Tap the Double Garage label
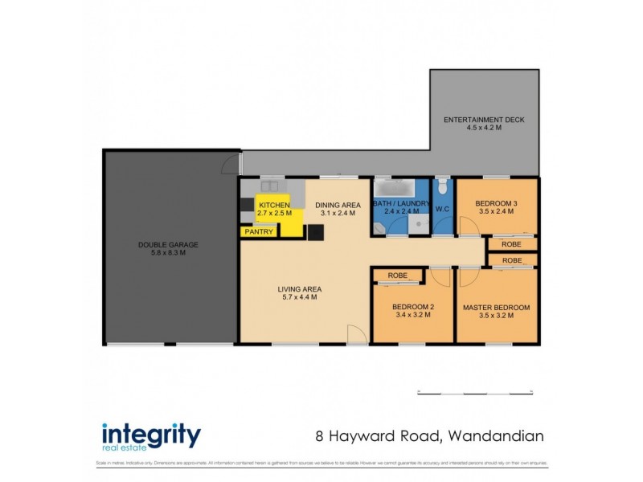pyautogui.click(x=168, y=244)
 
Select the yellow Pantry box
pyautogui.click(x=258, y=232)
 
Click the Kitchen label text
pyautogui.click(x=273, y=206)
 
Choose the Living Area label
pyautogui.click(x=300, y=289)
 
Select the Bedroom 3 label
pyautogui.click(x=496, y=202)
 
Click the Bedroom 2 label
pyautogui.click(x=413, y=307)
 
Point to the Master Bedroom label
pyautogui.click(x=496, y=308)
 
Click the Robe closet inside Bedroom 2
pyautogui.click(x=398, y=275)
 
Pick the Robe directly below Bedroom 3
pyautogui.click(x=511, y=243)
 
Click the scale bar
pyautogui.click(x=475, y=393)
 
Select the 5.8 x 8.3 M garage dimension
pyautogui.click(x=168, y=253)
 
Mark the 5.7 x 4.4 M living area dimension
pyautogui.click(x=300, y=297)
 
